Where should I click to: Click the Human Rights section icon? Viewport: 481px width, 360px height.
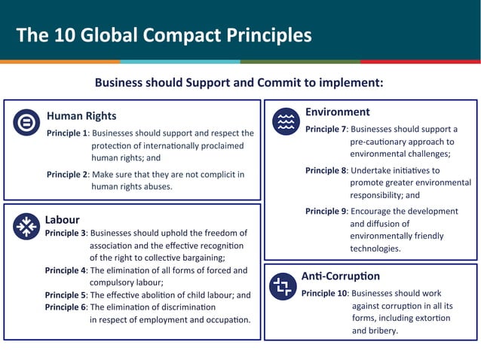[x=27, y=122]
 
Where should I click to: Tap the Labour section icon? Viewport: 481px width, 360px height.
[x=27, y=226]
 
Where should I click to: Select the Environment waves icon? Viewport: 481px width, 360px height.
[x=286, y=121]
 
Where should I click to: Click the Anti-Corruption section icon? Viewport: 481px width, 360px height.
[x=283, y=286]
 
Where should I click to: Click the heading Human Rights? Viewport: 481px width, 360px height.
[x=81, y=116]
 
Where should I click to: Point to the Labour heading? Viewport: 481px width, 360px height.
[x=62, y=220]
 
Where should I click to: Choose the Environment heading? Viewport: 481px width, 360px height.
[x=337, y=112]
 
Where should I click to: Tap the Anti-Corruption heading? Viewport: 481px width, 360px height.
[x=340, y=276]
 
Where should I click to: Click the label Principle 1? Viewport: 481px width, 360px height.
[x=68, y=133]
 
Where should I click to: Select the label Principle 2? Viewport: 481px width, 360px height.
[x=68, y=175]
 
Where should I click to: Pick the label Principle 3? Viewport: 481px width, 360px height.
[x=66, y=233]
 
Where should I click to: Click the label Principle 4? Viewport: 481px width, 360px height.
[x=66, y=270]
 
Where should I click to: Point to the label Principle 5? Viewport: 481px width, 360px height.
[x=66, y=295]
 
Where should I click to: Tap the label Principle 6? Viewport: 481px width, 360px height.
[x=66, y=307]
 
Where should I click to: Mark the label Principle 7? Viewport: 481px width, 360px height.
[x=326, y=130]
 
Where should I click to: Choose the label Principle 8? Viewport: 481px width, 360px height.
[x=326, y=170]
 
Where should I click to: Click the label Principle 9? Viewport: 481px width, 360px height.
[x=326, y=212]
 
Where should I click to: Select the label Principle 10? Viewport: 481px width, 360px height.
[x=324, y=293]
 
